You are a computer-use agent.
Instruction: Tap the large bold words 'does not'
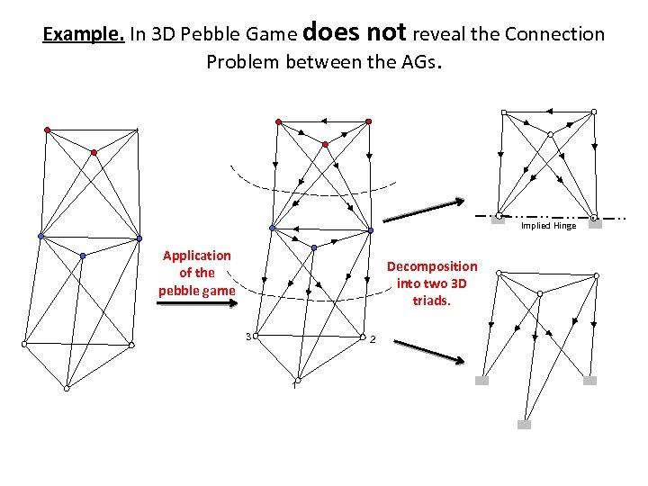[x=355, y=32]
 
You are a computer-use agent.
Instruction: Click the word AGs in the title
[x=418, y=62]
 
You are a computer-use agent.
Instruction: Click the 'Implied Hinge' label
[x=548, y=226]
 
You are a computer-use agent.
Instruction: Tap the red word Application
[x=196, y=256]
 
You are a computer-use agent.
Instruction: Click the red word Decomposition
[x=431, y=266]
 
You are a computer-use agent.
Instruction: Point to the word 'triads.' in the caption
[x=431, y=300]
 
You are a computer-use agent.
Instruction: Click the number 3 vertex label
[x=247, y=337]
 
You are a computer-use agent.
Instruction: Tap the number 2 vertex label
[x=371, y=340]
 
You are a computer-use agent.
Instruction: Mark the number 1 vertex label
[x=292, y=387]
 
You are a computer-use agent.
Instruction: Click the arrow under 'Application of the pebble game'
[x=195, y=304]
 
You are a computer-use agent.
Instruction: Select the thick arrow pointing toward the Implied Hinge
[x=424, y=211]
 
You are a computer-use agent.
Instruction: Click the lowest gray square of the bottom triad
[x=524, y=424]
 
